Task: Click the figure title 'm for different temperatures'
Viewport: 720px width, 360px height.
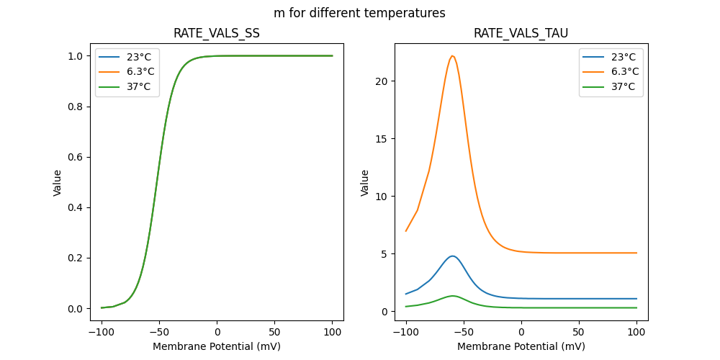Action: pyautogui.click(x=359, y=13)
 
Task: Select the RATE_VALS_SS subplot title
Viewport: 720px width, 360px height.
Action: pyautogui.click(x=217, y=33)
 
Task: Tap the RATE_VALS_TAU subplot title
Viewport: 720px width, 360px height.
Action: pyautogui.click(x=521, y=33)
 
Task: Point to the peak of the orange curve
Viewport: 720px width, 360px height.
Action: pyautogui.click(x=452, y=56)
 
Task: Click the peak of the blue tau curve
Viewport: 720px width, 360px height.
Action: pyautogui.click(x=452, y=256)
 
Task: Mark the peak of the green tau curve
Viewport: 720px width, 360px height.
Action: pyautogui.click(x=452, y=296)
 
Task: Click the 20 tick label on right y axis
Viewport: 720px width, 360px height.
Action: pyautogui.click(x=382, y=81)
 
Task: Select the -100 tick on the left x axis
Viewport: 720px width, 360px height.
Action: pyautogui.click(x=102, y=332)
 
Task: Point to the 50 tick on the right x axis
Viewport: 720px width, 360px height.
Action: pyautogui.click(x=579, y=332)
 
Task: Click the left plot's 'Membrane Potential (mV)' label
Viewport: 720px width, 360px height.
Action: pyautogui.click(x=217, y=346)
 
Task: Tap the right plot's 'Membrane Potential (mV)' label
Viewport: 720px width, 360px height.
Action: pyautogui.click(x=521, y=346)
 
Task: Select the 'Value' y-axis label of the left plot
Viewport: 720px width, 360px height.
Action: pyautogui.click(x=58, y=182)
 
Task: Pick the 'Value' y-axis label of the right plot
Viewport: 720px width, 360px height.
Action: pyautogui.click(x=365, y=182)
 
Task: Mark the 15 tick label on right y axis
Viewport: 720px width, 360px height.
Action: pyautogui.click(x=382, y=139)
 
